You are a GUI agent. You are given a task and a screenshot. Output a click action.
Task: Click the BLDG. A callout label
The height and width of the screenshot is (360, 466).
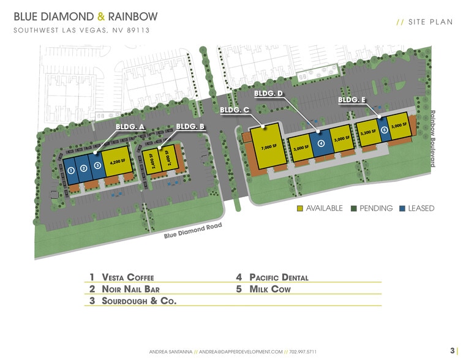[130, 127]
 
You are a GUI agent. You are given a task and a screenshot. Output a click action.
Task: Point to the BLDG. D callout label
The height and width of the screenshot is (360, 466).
[269, 94]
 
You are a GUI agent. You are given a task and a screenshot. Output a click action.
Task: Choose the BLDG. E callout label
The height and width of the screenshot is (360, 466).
[352, 100]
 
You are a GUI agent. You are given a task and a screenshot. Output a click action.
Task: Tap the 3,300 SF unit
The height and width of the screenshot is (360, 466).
[367, 132]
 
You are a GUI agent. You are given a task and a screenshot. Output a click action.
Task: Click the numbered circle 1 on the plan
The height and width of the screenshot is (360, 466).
[71, 170]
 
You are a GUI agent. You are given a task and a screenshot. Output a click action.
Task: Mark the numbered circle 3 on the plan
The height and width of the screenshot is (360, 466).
[97, 165]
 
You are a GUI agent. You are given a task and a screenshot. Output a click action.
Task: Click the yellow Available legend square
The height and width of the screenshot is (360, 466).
[299, 208]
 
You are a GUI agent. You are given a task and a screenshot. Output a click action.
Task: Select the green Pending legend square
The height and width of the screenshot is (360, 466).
[353, 208]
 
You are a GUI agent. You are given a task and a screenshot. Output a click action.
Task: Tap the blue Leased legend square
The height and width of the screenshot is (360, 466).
[402, 208]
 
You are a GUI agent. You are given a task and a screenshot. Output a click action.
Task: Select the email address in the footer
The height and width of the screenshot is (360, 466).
[241, 352]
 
